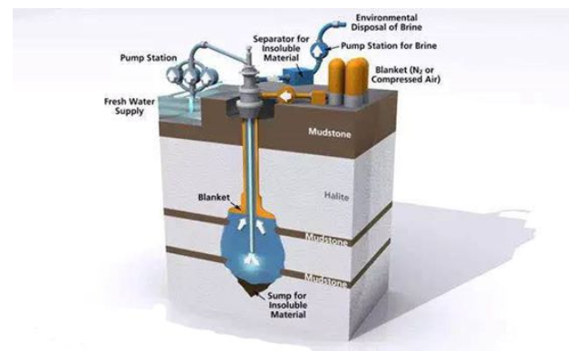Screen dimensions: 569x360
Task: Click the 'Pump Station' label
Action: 149,58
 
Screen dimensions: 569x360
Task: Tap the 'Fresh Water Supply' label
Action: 130,106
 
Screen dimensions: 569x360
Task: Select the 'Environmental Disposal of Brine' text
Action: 386,22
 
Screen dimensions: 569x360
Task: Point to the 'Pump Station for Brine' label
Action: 389,45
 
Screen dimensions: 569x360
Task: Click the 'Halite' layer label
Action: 336,197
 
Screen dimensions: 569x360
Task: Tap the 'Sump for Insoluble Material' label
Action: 287,306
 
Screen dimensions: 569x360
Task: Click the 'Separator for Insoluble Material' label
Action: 281,48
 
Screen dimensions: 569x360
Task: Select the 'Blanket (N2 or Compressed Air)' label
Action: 406,74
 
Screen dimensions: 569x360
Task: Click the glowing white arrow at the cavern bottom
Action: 251,259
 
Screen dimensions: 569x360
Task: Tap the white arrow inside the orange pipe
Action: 286,97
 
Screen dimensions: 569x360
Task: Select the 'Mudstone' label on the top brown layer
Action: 330,133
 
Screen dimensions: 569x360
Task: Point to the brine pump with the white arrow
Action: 320,50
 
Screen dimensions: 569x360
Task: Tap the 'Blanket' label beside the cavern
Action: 214,198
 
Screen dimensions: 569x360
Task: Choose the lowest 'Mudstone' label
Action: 325,280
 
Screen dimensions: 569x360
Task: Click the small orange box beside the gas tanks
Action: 319,97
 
